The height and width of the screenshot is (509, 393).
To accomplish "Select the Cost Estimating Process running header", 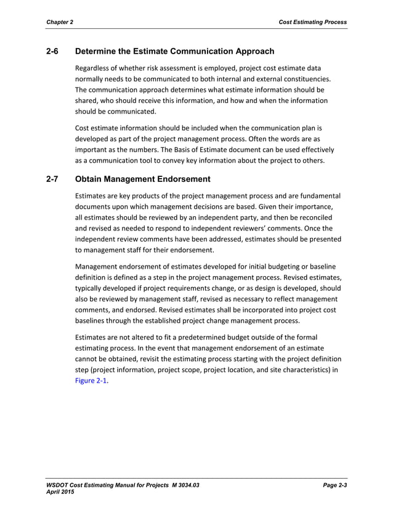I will [x=312, y=22].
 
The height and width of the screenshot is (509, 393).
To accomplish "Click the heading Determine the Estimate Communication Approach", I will [x=174, y=51].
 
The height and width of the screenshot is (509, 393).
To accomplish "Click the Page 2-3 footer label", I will [x=335, y=487].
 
